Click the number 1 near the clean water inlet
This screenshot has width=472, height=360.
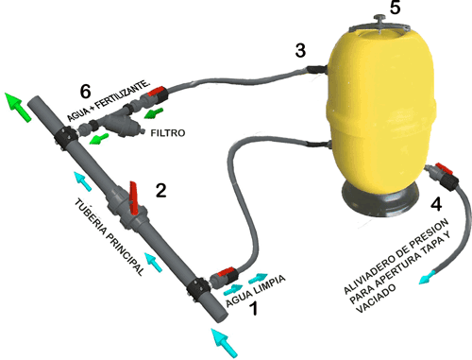254,308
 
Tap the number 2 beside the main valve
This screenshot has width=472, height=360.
161,190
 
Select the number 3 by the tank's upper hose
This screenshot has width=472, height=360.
300,50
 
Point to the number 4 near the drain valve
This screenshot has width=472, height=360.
436,204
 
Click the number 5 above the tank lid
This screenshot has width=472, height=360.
396,7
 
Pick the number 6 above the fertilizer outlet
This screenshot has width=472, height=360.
86,91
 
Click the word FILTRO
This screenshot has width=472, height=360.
168,133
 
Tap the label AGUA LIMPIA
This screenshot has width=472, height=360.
256,290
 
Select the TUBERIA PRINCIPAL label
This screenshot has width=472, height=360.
110,237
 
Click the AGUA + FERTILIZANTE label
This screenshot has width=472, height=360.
109,101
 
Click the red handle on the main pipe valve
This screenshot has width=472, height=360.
134,198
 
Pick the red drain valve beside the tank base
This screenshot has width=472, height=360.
444,169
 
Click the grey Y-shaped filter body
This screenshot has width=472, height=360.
120,125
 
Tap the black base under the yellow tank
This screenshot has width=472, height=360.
380,198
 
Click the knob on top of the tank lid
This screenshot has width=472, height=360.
380,19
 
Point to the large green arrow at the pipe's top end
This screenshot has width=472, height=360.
18,107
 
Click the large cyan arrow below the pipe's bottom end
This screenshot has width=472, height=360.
224,343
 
